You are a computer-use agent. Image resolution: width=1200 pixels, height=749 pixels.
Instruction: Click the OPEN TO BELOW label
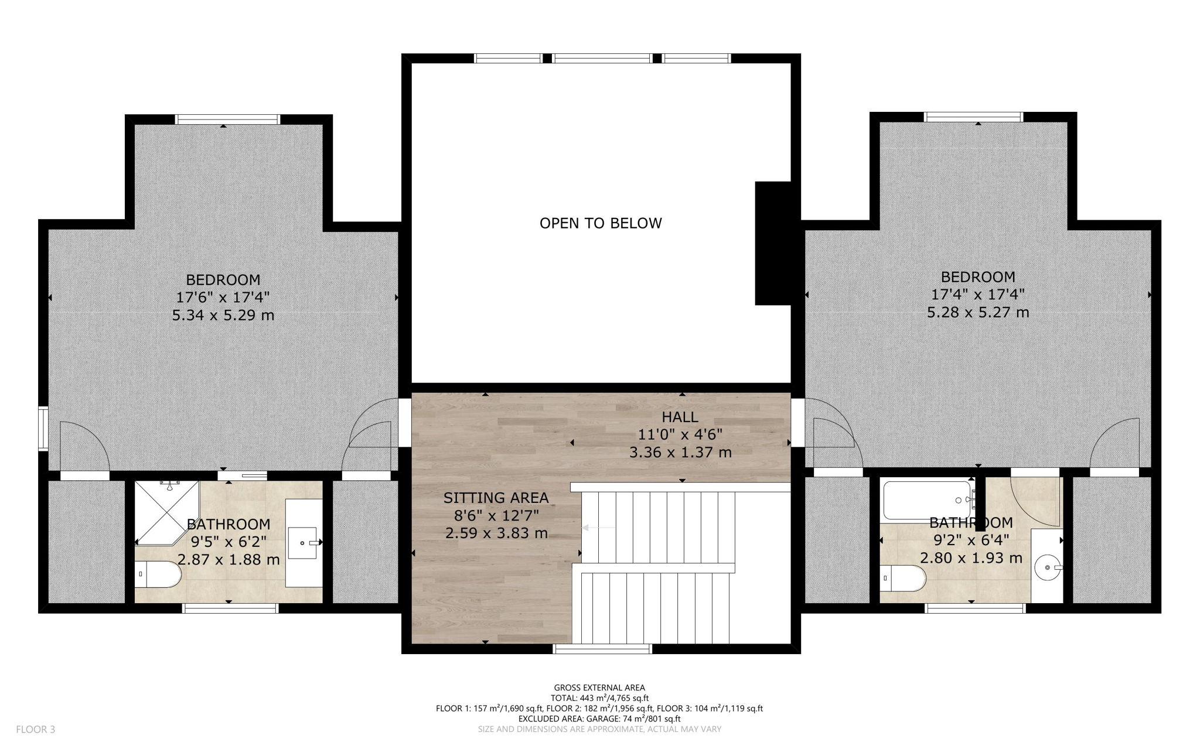[601, 223]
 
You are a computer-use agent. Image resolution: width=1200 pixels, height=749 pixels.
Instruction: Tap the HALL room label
[680, 417]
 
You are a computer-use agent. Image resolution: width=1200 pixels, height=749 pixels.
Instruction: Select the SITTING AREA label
[496, 498]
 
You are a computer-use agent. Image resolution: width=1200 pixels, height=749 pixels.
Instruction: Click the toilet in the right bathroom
[903, 578]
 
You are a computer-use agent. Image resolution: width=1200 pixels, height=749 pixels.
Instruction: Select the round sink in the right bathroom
[1048, 567]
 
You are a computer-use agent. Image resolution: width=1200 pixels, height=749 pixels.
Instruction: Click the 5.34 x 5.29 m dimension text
[223, 316]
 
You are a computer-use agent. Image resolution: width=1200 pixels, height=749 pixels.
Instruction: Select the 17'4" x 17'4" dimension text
[978, 295]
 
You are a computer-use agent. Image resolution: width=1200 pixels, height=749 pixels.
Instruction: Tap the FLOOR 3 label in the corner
[35, 729]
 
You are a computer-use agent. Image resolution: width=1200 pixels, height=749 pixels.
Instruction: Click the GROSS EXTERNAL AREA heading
[599, 688]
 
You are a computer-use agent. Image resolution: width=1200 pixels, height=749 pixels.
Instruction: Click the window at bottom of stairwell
[603, 649]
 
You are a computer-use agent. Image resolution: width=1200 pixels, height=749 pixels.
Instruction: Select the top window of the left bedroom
[228, 119]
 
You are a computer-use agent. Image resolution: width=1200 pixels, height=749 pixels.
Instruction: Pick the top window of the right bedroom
[974, 117]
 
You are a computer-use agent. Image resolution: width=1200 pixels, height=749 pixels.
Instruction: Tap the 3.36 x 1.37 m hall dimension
[680, 452]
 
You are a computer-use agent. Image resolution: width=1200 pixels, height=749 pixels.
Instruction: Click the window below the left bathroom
[230, 608]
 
